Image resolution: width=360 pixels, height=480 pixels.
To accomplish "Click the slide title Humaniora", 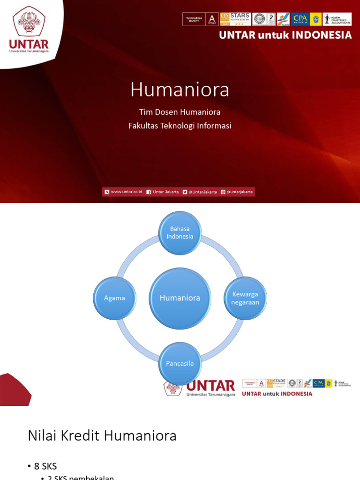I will (180, 90).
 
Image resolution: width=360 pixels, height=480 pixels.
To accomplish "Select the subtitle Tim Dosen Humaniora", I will (180, 112).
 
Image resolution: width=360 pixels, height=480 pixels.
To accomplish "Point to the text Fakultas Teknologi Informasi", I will (180, 126).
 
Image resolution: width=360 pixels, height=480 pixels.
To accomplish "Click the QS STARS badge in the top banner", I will (235, 19).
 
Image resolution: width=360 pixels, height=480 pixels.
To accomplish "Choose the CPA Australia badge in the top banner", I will (300, 19).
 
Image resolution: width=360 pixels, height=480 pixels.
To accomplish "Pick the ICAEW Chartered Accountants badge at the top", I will (337, 19).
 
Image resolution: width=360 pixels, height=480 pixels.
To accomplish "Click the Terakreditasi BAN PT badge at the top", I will (194, 19).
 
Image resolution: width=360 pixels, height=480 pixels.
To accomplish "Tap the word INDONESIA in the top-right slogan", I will (323, 35).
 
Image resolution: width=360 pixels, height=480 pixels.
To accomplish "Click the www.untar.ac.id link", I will (126, 192).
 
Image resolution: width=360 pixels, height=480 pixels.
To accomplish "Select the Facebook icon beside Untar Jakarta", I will (149, 192).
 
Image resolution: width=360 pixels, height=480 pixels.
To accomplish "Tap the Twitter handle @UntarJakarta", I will (202, 192).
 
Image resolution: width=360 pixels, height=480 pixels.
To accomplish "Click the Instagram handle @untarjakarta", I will (240, 192).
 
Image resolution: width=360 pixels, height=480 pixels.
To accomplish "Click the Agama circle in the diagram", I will (115, 298).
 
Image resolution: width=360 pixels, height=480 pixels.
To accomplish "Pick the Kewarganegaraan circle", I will (245, 298).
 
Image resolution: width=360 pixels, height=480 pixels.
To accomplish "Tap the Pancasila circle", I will (180, 363).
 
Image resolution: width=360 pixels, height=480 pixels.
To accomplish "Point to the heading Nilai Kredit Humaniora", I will (102, 436).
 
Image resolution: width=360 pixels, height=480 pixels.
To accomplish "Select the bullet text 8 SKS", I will (45, 466).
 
